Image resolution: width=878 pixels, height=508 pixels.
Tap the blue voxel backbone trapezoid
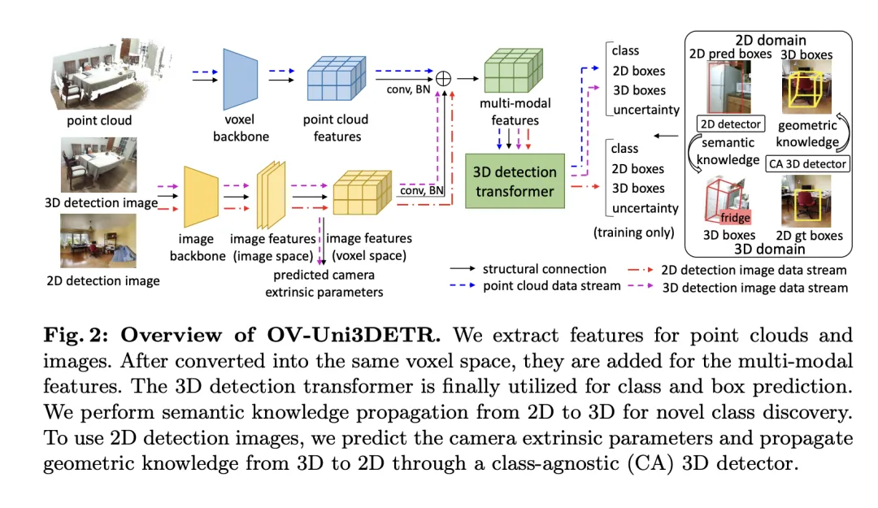(x=241, y=78)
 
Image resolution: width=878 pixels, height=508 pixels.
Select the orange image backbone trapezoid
(x=201, y=196)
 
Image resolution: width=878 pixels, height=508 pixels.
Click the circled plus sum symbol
(x=443, y=79)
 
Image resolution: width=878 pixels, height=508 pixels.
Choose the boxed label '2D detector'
(x=729, y=124)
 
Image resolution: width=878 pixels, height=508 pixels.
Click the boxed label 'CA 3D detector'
(x=807, y=163)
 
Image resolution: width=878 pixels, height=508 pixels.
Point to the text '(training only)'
(x=634, y=232)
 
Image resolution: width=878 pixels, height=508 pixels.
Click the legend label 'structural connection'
(x=544, y=269)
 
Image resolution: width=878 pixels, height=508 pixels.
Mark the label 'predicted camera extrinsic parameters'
(x=324, y=284)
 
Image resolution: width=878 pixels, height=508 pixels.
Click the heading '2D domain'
(x=770, y=40)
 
